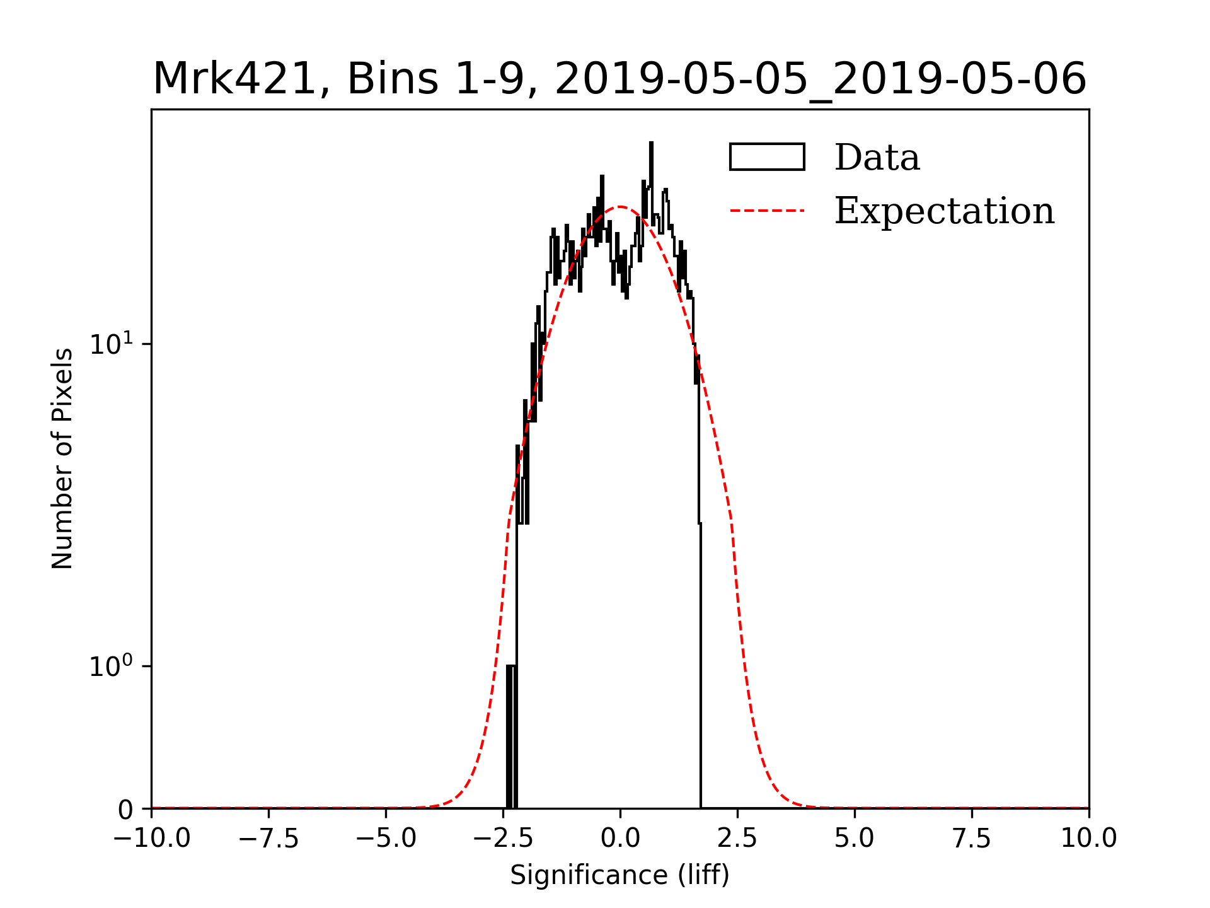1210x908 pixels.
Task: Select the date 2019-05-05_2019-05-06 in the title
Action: [x=821, y=79]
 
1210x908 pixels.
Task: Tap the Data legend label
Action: [x=877, y=157]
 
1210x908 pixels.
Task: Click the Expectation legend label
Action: [x=944, y=211]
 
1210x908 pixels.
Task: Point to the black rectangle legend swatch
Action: [x=767, y=157]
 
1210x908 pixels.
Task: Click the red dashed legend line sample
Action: [x=767, y=211]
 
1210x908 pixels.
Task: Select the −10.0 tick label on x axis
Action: [x=151, y=839]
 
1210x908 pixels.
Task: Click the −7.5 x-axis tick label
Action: [x=269, y=839]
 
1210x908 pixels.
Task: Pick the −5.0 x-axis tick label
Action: [x=386, y=839]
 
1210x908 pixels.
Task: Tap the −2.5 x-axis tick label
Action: [x=503, y=839]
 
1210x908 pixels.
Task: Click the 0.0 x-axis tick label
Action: [x=620, y=839]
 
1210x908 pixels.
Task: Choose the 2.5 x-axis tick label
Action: [x=737, y=839]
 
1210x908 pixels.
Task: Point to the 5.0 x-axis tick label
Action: [x=855, y=839]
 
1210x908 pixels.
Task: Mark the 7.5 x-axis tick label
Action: [x=972, y=839]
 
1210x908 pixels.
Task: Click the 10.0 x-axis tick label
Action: [x=1088, y=839]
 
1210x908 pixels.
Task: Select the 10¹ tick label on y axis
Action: [x=112, y=344]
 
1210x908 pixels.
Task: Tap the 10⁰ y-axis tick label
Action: [x=112, y=666]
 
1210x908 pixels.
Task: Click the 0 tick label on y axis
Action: [x=126, y=810]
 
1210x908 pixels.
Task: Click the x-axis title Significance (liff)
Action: [x=619, y=876]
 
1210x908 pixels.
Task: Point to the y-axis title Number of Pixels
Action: [x=62, y=458]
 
